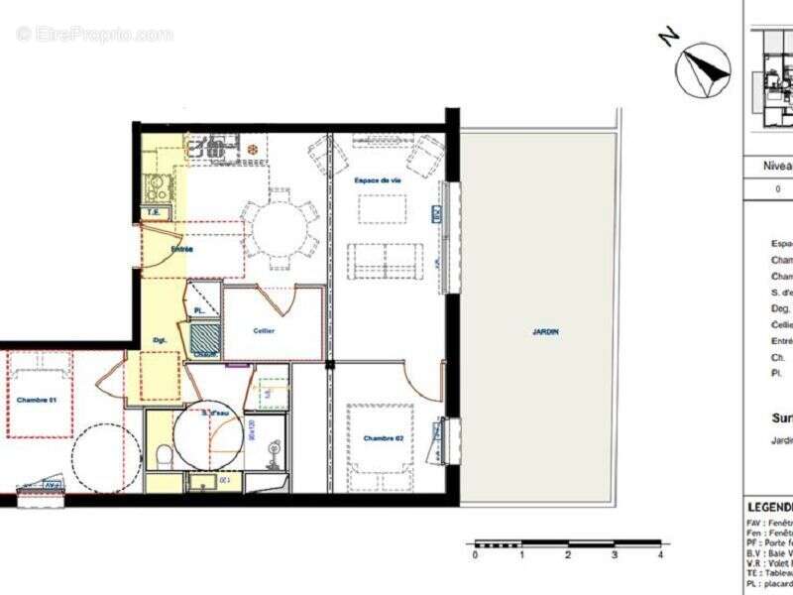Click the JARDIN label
point(545,332)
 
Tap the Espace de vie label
point(377,180)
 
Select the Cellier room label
point(264,330)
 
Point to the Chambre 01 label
point(38,400)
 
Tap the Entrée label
point(181,249)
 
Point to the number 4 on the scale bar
point(660,555)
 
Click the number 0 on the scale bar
point(475,555)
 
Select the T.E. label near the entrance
point(154,211)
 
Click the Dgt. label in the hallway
point(160,339)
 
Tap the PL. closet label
point(199,311)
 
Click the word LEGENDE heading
point(769,507)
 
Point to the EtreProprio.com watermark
point(94,34)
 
